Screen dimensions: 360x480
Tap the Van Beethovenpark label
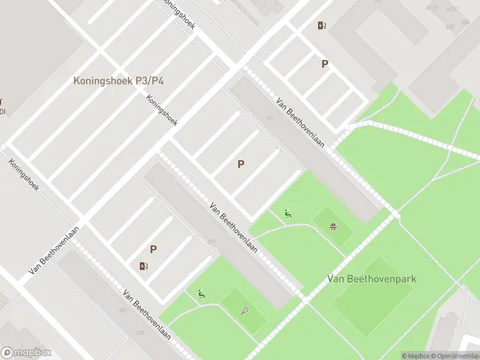point(372,279)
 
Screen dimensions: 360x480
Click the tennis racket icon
point(245,311)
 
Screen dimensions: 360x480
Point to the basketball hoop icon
point(333,226)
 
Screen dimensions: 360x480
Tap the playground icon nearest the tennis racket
point(202,293)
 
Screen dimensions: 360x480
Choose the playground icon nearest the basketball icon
point(288,213)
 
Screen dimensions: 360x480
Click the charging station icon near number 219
point(143,266)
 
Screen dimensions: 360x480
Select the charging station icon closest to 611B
point(322,25)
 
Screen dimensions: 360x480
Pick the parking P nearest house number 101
point(241,164)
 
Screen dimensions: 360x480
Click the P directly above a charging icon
point(154,250)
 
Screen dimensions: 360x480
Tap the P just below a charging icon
point(325,64)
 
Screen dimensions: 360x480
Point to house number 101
point(269,118)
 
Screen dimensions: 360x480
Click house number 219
point(212,242)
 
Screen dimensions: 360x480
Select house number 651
point(123,310)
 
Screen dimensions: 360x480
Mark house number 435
point(140,332)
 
